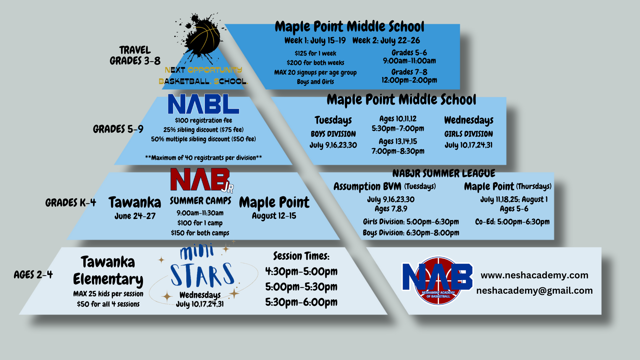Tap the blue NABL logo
tap(203, 104)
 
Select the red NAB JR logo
tap(202, 180)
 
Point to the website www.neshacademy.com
tap(534, 275)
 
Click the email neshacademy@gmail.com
tap(534, 291)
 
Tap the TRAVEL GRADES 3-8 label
tap(135, 55)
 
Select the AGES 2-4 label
tap(33, 275)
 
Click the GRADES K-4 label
tap(71, 203)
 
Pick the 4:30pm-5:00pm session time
tap(301, 271)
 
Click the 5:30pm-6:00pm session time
tap(301, 302)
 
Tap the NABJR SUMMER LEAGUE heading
tap(444, 173)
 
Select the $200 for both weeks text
tap(315, 63)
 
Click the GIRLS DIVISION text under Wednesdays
tap(468, 134)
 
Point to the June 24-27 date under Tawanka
tap(135, 216)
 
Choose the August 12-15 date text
tap(274, 216)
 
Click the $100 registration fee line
tap(203, 120)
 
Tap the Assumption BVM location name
tap(367, 187)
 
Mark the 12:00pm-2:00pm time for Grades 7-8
tap(409, 80)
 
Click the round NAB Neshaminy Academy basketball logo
tap(438, 280)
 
